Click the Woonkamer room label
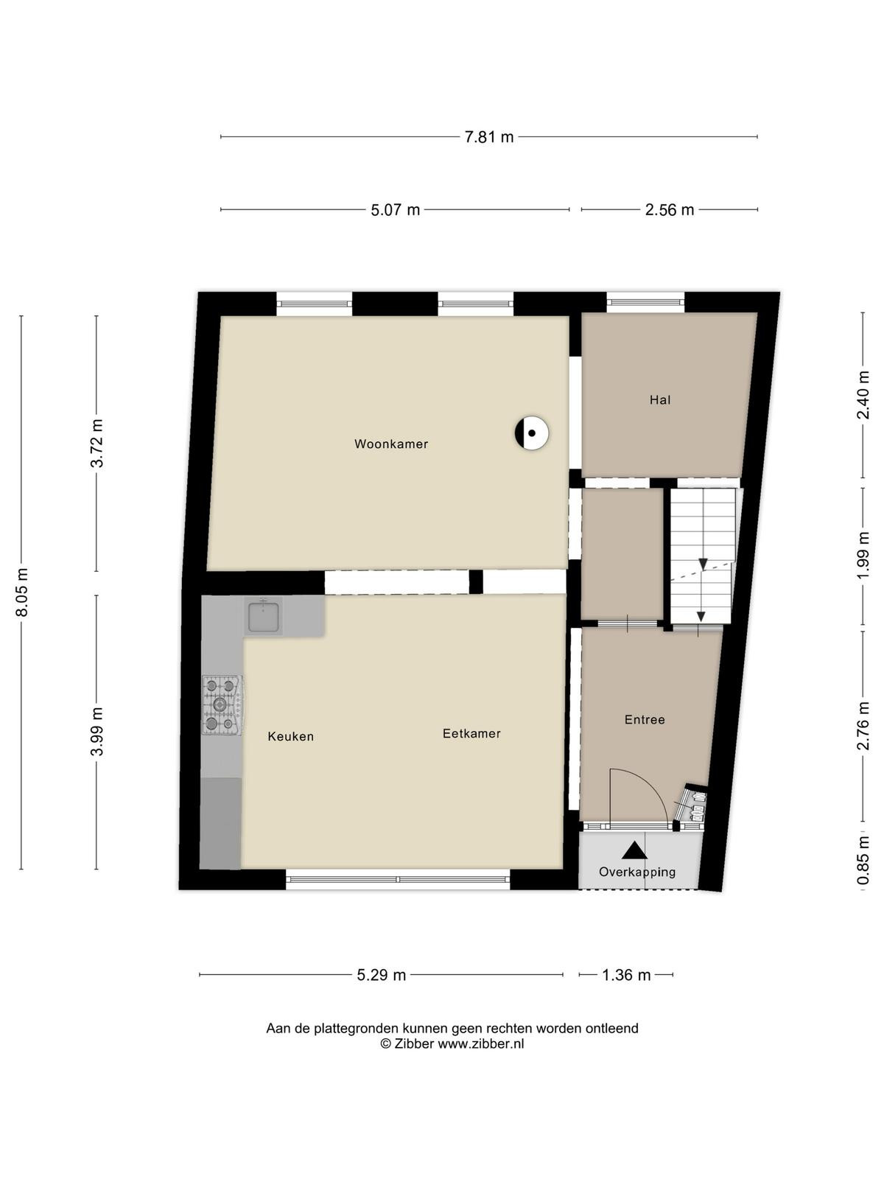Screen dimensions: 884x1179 390,444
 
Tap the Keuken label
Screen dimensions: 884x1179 290,736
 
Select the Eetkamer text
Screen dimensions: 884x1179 471,734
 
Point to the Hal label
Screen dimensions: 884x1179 659,399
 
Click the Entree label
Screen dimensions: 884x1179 645,720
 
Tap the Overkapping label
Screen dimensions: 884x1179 637,872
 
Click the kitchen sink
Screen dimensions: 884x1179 263,616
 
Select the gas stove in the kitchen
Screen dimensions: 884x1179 222,704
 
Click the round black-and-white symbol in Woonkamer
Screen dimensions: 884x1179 531,433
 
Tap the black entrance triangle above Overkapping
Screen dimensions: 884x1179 635,850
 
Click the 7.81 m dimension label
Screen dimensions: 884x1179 489,137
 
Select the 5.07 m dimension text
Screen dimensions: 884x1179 395,210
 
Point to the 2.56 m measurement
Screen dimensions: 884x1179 670,210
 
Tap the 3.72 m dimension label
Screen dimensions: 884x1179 97,444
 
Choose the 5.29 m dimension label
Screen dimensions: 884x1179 381,975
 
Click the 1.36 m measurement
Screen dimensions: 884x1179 626,975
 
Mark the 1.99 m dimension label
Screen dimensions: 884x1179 863,556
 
